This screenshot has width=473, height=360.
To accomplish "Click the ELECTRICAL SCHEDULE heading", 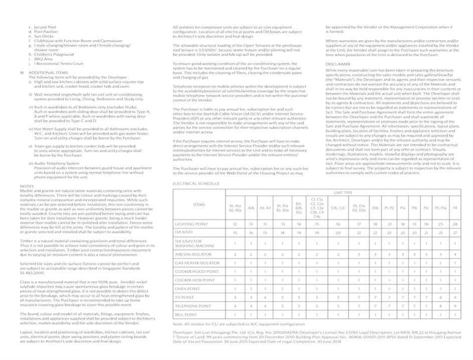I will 196,184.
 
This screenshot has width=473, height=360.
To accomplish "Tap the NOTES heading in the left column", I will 27,186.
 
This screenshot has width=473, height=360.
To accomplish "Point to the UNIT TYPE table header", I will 344,192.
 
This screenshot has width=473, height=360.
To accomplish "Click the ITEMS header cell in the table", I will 199,204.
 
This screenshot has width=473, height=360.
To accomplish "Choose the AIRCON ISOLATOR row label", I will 193,255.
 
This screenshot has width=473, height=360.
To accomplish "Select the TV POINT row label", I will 185,297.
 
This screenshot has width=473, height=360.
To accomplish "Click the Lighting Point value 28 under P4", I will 455,224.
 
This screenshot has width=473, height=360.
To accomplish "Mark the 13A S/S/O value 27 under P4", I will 455,232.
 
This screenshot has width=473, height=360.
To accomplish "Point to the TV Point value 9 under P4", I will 455,297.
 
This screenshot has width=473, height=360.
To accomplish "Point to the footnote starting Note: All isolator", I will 238,324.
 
